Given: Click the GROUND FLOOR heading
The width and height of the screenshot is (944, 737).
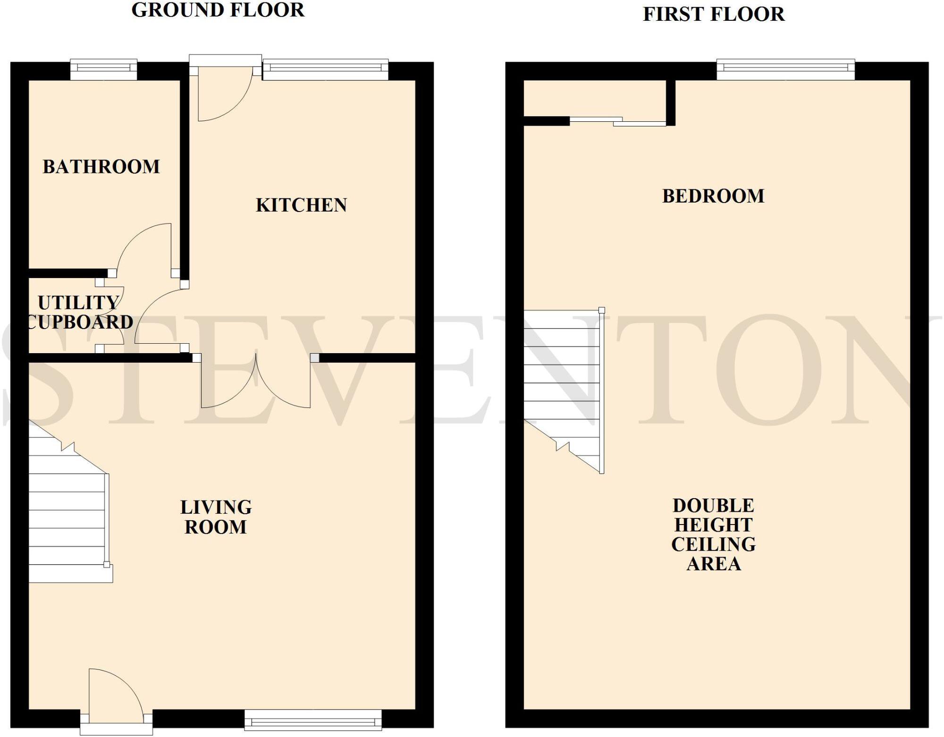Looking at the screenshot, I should [218, 10].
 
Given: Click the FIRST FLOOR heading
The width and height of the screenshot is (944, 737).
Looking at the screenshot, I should [714, 14].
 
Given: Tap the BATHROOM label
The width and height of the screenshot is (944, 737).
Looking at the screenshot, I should [101, 167].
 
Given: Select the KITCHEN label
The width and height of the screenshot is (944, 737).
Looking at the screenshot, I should [301, 205].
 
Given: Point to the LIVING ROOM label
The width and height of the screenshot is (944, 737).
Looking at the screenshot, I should [216, 517].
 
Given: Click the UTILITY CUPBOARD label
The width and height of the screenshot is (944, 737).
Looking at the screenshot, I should [79, 312].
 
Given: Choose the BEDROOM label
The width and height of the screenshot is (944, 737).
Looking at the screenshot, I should [713, 196].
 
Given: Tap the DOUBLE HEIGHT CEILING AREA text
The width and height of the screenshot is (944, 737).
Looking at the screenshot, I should [713, 534].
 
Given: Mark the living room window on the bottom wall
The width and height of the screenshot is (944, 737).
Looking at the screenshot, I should [313, 721].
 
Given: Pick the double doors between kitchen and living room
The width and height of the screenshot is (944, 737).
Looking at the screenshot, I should [256, 382].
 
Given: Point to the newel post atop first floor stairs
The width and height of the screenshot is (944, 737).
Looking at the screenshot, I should [601, 310].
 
